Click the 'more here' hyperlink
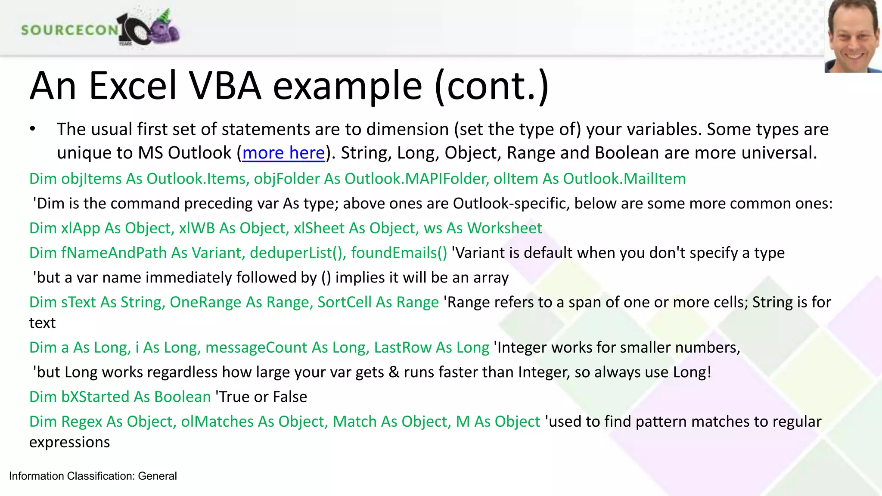pos(283,153)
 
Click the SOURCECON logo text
pos(69,30)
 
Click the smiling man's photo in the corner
pos(853,36)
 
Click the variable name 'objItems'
pos(91,179)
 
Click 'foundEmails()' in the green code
pos(399,253)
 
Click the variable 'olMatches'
pos(217,422)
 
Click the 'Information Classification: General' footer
pos(93,476)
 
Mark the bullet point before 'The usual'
pos(32,129)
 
